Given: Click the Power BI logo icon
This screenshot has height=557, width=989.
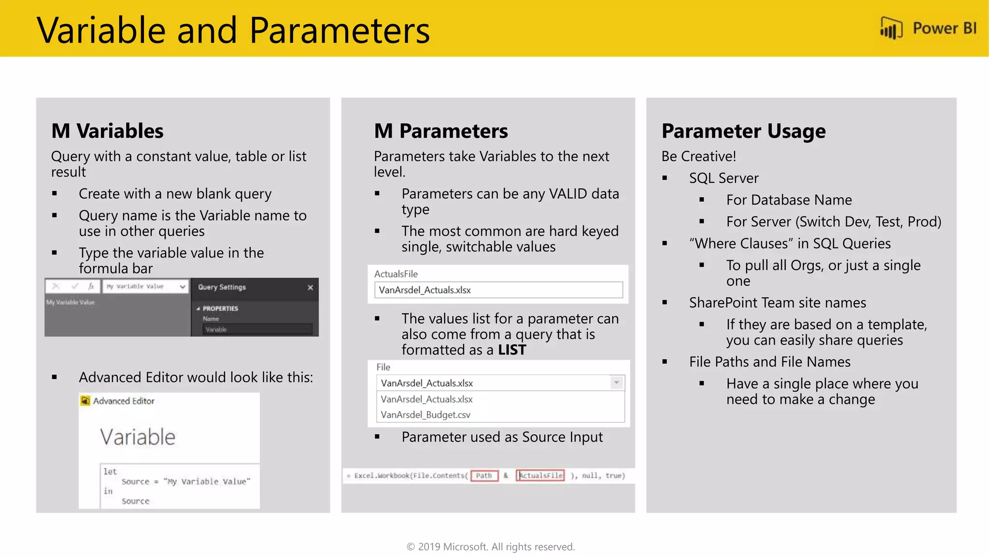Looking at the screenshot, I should pyautogui.click(x=891, y=28).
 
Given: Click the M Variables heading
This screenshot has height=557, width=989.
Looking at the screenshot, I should pyautogui.click(x=107, y=131).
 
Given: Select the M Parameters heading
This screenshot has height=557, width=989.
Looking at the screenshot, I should pyautogui.click(x=440, y=131).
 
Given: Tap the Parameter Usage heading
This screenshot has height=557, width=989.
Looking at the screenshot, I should pyautogui.click(x=743, y=131).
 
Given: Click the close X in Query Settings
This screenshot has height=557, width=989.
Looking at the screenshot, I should pyautogui.click(x=310, y=288).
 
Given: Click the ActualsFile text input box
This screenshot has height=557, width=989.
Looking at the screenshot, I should pyautogui.click(x=498, y=290).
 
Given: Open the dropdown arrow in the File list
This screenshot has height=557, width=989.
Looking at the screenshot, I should pyautogui.click(x=616, y=383).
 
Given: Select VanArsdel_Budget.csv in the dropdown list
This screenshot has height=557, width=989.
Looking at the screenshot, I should pyautogui.click(x=425, y=415).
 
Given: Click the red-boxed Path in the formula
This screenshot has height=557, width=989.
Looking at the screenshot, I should pyautogui.click(x=484, y=476).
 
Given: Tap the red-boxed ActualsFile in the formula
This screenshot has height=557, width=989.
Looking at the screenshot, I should pyautogui.click(x=540, y=476).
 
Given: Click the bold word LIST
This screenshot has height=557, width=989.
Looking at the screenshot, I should pyautogui.click(x=512, y=350).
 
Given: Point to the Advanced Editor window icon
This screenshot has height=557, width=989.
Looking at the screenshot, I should pyautogui.click(x=85, y=401).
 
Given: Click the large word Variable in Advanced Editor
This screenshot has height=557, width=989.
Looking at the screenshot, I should pyautogui.click(x=138, y=437).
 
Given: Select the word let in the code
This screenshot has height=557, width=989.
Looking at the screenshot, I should pyautogui.click(x=110, y=471).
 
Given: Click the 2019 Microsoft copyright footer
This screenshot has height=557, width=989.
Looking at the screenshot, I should pyautogui.click(x=490, y=547).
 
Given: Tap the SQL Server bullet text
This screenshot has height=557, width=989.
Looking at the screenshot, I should pyautogui.click(x=723, y=178).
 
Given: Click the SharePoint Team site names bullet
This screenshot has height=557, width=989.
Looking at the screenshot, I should pyautogui.click(x=777, y=303).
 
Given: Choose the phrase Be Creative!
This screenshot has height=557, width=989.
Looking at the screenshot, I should pyautogui.click(x=698, y=157).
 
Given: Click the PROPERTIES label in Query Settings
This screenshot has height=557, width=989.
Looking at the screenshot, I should pyautogui.click(x=220, y=308).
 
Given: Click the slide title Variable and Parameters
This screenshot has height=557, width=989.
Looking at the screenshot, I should pyautogui.click(x=233, y=30).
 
